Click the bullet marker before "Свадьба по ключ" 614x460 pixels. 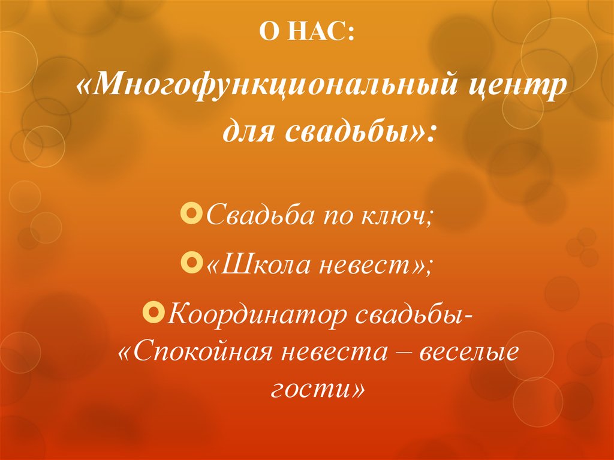(x=192, y=214)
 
